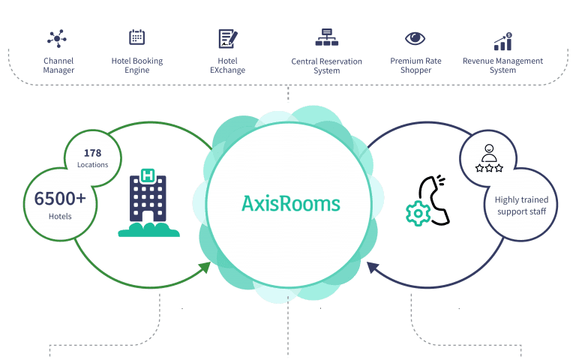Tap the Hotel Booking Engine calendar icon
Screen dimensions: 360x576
[136, 37]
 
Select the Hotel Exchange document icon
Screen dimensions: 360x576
[226, 38]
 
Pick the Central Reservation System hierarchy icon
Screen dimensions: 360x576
[326, 37]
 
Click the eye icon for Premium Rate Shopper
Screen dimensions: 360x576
[415, 37]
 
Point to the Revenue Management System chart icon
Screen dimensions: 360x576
[502, 40]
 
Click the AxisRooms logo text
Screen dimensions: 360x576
[290, 202]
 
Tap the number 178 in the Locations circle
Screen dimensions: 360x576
[93, 154]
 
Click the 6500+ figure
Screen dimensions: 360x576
[60, 199]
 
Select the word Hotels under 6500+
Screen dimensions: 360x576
[60, 217]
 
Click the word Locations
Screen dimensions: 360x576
[93, 165]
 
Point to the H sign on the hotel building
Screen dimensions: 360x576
[148, 175]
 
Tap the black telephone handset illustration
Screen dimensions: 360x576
[436, 199]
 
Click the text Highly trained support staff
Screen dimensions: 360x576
[521, 205]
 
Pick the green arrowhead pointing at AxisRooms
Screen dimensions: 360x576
[204, 265]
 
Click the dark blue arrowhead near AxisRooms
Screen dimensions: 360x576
[371, 265]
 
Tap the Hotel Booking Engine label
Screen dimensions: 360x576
[136, 65]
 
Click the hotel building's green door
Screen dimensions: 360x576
[148, 217]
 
